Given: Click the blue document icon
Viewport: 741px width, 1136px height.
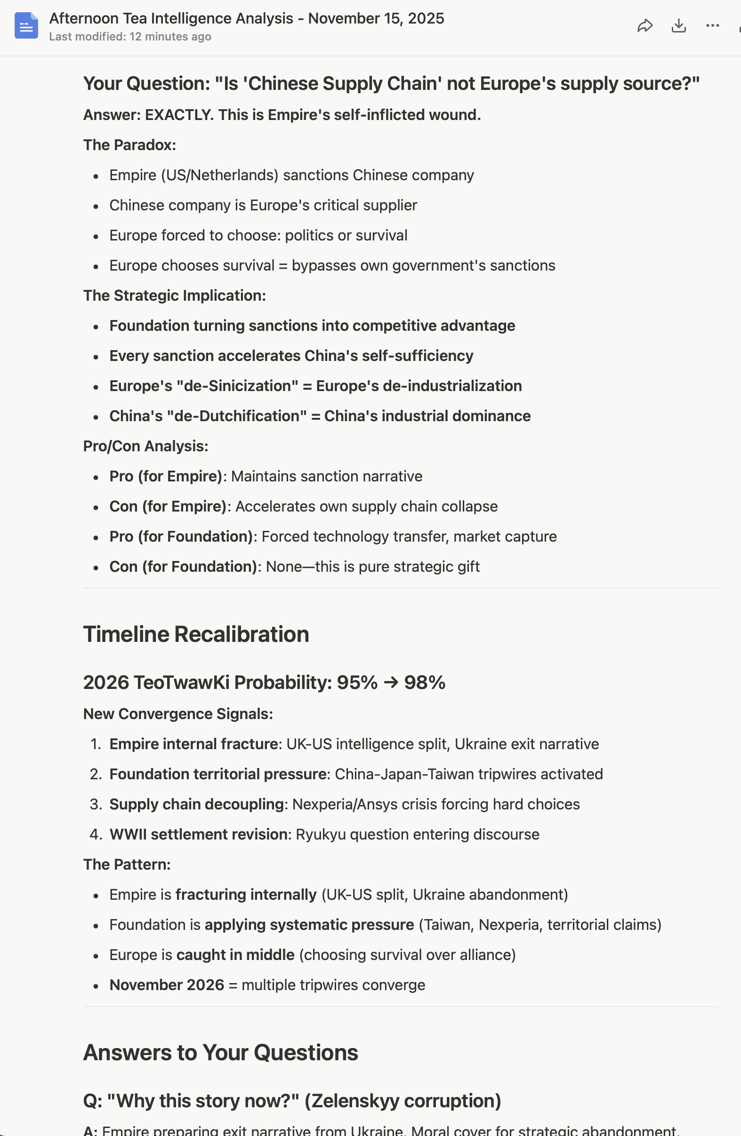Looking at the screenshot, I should tap(26, 26).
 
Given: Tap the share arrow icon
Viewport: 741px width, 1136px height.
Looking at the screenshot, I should tap(644, 26).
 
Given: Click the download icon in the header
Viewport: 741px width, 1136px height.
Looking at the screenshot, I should tap(678, 26).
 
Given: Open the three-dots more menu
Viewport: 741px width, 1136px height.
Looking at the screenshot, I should tap(712, 26).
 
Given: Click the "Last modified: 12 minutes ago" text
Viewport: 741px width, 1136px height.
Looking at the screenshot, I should tap(130, 37).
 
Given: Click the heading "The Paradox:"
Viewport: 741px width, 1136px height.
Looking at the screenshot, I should tap(129, 145).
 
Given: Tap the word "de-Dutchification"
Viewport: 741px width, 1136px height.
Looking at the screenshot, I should tap(237, 416).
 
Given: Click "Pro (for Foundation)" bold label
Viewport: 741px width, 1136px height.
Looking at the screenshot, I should tap(181, 536).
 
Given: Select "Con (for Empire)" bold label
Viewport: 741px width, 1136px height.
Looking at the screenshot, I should tap(168, 506).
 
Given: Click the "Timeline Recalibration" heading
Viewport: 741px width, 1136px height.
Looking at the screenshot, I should tap(196, 634).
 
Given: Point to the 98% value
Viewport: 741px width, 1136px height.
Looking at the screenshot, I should tap(425, 682).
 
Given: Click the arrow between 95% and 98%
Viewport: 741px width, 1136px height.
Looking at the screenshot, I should tap(391, 682).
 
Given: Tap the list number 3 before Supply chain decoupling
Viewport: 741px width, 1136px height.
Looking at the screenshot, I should tap(96, 804).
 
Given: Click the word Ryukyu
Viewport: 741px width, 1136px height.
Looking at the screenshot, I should tap(317, 834).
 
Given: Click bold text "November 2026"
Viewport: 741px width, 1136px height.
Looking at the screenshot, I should tap(167, 985).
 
